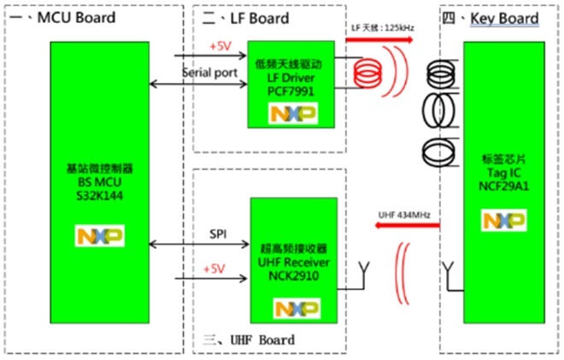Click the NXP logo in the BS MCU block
coord(100,236)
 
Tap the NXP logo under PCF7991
coord(293,114)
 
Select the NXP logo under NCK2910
coord(297,308)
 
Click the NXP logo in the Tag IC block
coord(503,220)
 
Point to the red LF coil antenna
coord(367,73)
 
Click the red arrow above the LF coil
coord(379,39)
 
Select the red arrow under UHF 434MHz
coord(407,226)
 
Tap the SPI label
coord(218,234)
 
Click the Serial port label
coord(210,73)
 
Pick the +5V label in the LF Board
coord(220,46)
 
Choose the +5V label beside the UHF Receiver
coord(214,269)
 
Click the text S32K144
coord(100,196)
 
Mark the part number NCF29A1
coord(503,186)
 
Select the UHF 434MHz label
coord(404,215)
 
